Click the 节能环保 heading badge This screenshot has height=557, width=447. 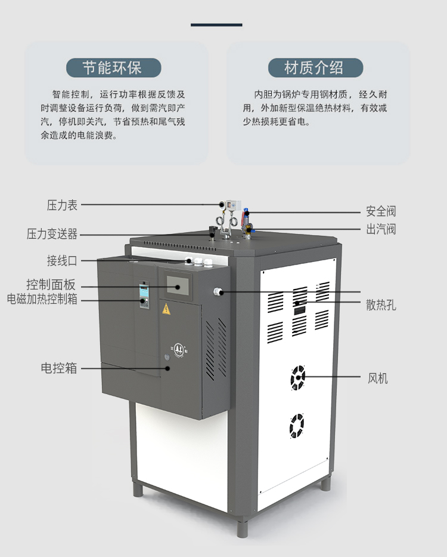pyautogui.click(x=113, y=67)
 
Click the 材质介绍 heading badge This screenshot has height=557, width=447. pyautogui.click(x=315, y=67)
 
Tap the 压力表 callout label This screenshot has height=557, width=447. pyautogui.click(x=62, y=205)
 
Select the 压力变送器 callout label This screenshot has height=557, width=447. pyautogui.click(x=52, y=234)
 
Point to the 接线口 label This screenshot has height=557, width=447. pyautogui.click(x=62, y=260)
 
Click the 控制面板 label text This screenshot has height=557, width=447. pyautogui.click(x=51, y=285)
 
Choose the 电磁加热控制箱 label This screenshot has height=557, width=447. pyautogui.click(x=42, y=298)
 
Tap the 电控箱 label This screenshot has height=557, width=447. pyautogui.click(x=59, y=368)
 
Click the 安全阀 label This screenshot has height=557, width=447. pyautogui.click(x=381, y=211)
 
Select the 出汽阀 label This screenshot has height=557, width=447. pyautogui.click(x=381, y=229)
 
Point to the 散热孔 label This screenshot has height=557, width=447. pyautogui.click(x=381, y=305)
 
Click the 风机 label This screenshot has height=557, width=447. pyautogui.click(x=377, y=378)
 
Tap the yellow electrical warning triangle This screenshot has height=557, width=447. pyautogui.click(x=166, y=309)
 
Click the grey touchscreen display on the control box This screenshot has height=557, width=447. pyautogui.click(x=178, y=285)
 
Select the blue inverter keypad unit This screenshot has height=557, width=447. pyautogui.click(x=144, y=296)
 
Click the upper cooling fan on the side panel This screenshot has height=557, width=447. pyautogui.click(x=297, y=377)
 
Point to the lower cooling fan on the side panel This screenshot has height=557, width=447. pyautogui.click(x=297, y=426)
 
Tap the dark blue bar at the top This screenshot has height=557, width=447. pyautogui.click(x=216, y=25)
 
